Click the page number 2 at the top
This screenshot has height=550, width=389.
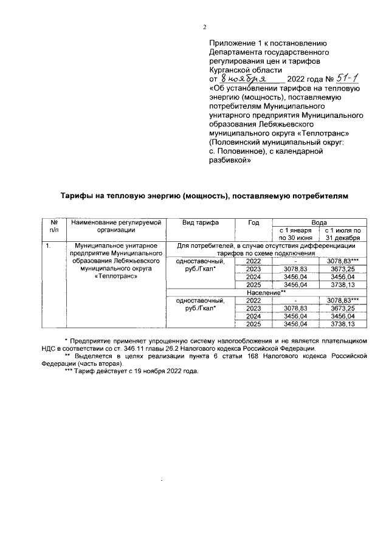point(205,27)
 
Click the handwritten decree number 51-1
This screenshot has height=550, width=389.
point(347,78)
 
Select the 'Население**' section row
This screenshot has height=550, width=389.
point(267,292)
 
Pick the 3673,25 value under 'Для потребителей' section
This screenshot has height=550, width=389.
point(343,269)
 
